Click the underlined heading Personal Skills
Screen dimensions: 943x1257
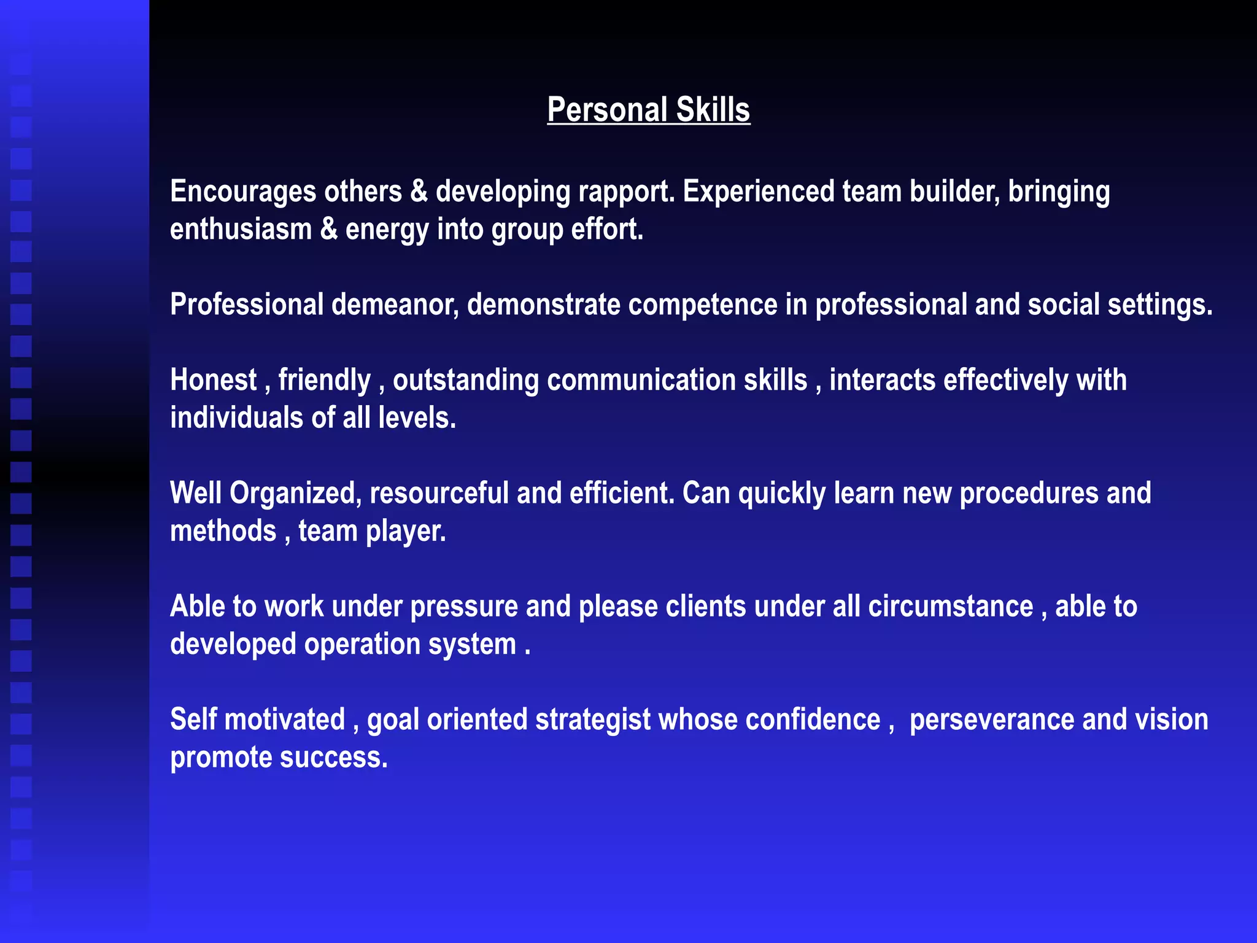tap(648, 111)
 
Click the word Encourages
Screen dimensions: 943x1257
tap(243, 192)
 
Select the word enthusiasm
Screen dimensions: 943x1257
tap(241, 230)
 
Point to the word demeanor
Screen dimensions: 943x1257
tap(395, 305)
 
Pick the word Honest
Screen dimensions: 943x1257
tap(213, 380)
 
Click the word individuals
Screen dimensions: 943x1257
tap(236, 418)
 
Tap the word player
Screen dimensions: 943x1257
tap(405, 532)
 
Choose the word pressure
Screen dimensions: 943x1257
tap(464, 607)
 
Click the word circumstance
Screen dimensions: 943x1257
tap(950, 607)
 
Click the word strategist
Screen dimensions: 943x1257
tap(592, 720)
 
